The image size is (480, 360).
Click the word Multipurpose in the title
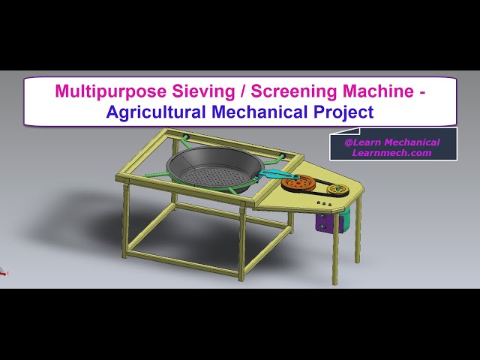[x=102, y=91]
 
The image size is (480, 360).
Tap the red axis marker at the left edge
[x=3, y=273]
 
